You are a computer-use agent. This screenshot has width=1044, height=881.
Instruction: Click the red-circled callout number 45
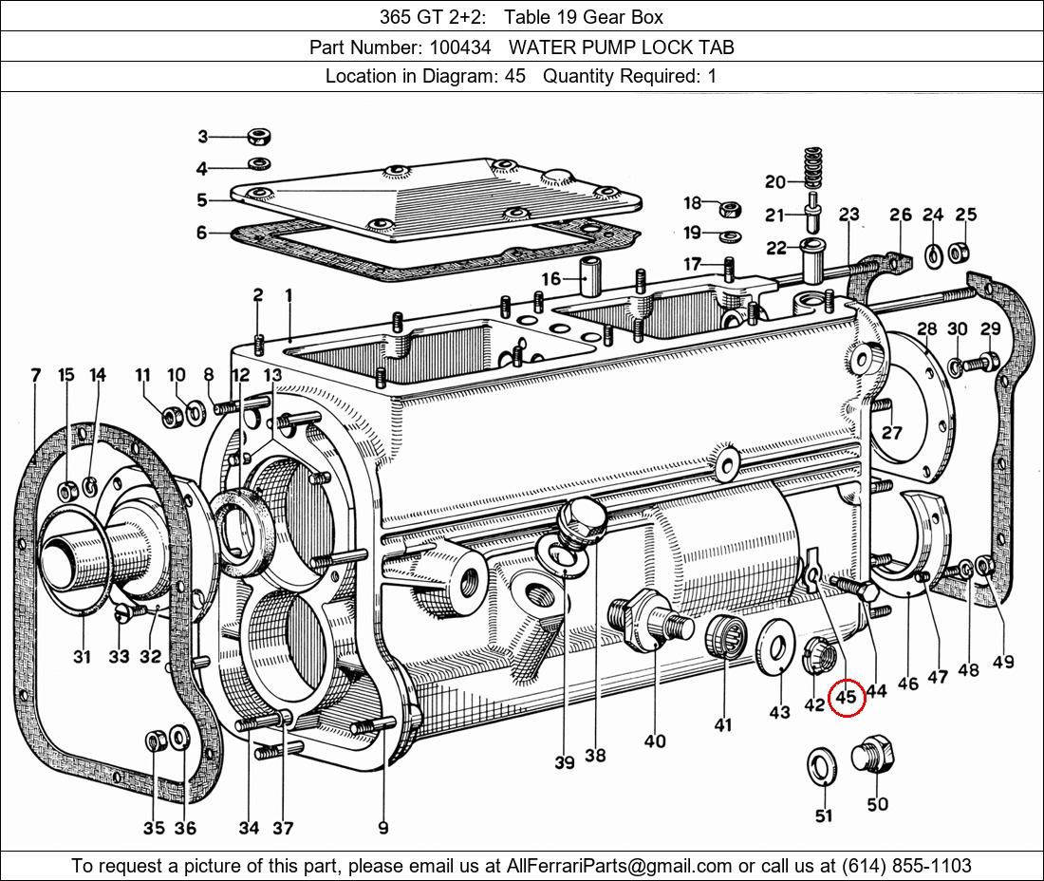tap(845, 697)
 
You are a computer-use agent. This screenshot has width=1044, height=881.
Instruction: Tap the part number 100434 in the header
tap(459, 47)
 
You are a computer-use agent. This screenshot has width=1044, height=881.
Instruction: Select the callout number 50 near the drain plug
tap(877, 804)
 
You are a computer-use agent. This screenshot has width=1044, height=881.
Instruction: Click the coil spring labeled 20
tap(811, 167)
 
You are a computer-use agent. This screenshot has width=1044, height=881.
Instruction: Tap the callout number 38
tap(595, 756)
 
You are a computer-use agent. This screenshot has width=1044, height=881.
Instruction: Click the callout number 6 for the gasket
tap(201, 233)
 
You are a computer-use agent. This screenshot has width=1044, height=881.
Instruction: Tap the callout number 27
tap(891, 434)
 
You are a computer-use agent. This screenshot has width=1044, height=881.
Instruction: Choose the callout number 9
tap(383, 827)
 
